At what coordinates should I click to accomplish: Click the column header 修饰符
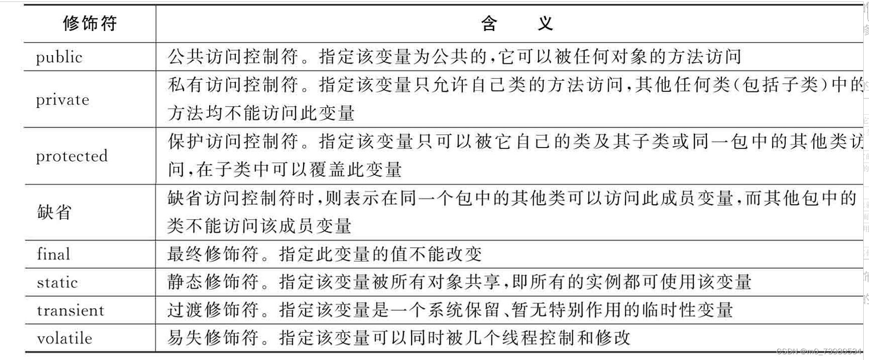point(90,23)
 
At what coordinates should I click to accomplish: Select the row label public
point(59,57)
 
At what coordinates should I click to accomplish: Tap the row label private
point(62,100)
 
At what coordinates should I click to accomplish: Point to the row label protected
point(72,156)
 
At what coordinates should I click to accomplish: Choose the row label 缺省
point(54,212)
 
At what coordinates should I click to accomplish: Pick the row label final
point(53,254)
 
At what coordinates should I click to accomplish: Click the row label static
point(57,282)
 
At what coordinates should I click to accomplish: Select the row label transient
point(70,310)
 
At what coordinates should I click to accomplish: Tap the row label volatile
point(64,338)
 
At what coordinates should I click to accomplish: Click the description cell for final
point(324,254)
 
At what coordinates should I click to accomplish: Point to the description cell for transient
point(450,310)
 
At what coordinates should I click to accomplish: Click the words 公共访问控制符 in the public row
point(232,57)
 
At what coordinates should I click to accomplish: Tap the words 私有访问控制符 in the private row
point(232,85)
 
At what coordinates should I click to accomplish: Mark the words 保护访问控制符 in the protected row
point(232,141)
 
